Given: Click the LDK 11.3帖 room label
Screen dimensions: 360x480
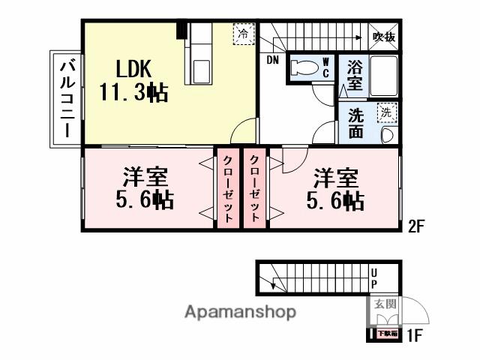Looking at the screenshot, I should click(x=133, y=81).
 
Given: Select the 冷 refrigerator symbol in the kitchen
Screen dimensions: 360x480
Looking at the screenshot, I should click(x=243, y=34).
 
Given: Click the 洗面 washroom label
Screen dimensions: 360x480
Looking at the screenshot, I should click(x=355, y=124).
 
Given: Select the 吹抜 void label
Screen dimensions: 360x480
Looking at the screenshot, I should click(x=383, y=36).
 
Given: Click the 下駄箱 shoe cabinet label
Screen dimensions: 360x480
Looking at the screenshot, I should click(x=385, y=333).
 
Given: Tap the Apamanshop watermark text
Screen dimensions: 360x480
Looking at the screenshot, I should click(x=240, y=311).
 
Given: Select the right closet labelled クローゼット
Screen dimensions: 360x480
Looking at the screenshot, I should click(x=253, y=189).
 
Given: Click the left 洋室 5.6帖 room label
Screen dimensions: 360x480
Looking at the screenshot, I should click(x=145, y=189).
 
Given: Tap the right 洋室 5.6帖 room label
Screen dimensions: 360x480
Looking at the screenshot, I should click(x=334, y=189).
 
